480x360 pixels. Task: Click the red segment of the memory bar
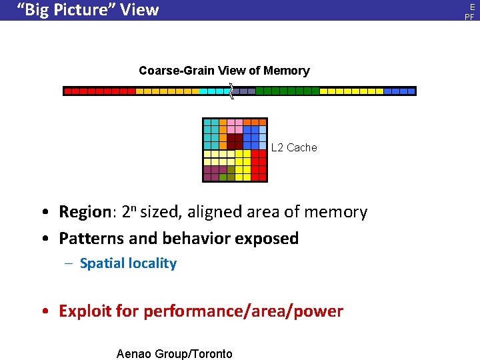click(100, 91)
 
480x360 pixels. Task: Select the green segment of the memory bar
click(287, 91)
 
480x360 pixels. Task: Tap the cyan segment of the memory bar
click(214, 91)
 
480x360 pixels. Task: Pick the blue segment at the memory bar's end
click(399, 91)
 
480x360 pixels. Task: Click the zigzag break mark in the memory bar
click(231, 91)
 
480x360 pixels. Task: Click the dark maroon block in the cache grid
click(235, 141)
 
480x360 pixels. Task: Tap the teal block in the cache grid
click(211, 133)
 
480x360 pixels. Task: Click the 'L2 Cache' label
click(294, 147)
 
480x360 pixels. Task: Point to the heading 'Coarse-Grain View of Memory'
click(224, 71)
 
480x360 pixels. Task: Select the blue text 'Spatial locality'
click(128, 263)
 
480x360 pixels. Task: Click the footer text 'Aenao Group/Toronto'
click(174, 354)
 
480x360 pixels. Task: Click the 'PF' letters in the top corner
click(469, 16)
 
